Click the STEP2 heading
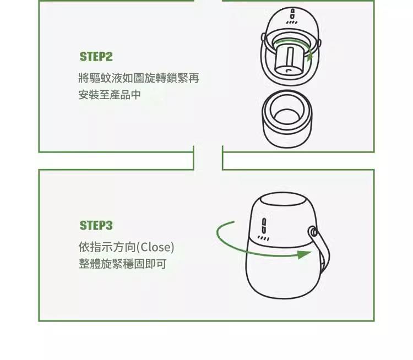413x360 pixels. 96,57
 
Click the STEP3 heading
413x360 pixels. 96,226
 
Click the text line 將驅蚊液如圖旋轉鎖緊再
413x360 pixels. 139,78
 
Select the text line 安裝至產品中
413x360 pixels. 110,95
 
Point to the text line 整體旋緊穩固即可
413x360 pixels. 122,264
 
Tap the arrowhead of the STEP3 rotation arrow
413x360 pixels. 304,254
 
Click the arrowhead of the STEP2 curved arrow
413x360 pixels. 310,55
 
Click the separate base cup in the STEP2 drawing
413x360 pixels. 287,119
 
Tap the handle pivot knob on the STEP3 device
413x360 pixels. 313,232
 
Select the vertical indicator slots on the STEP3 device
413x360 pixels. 264,226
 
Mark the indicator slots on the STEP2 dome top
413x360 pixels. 292,14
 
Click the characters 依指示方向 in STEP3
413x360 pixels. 107,247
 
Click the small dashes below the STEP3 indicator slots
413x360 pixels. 263,238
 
